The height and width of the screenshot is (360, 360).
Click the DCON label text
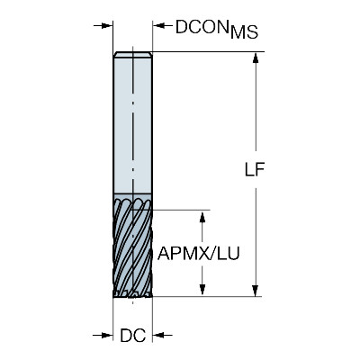[202, 27]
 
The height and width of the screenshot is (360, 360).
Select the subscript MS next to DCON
[244, 32]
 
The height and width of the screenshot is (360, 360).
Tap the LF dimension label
[255, 170]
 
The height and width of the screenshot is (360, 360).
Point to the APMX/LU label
[199, 254]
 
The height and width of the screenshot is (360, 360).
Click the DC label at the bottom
[133, 336]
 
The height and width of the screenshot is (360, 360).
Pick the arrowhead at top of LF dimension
[256, 58]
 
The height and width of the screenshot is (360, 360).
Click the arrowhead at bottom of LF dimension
[256, 291]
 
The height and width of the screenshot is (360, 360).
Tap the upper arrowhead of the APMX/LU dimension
[202, 216]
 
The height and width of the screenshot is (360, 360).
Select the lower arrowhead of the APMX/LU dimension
[202, 289]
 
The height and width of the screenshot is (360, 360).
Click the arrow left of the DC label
[103, 335]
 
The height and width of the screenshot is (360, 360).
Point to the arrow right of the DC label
[163, 335]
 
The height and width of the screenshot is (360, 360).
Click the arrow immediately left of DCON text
[163, 25]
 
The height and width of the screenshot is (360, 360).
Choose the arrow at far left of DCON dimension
[103, 25]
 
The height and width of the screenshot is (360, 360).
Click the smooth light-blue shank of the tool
[132, 124]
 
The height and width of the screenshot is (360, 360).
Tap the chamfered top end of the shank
[132, 54]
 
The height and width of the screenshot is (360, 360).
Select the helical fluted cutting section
[132, 245]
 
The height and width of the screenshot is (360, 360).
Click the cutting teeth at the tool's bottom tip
[132, 293]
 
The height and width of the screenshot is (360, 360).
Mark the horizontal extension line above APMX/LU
[181, 210]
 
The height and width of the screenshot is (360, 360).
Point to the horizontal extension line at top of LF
[208, 51]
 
